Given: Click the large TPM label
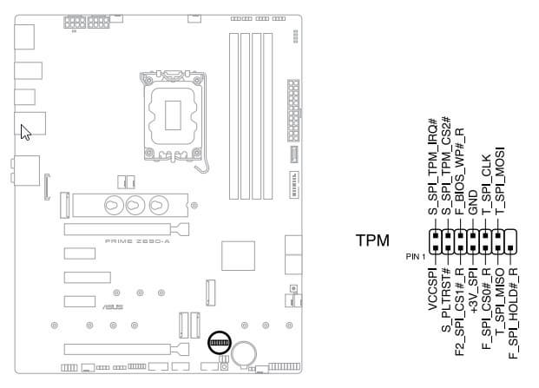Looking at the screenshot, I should click(x=372, y=240).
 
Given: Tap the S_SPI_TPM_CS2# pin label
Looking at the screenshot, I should click(x=446, y=165).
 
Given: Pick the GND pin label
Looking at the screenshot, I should click(x=472, y=202).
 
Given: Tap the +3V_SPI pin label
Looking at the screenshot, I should click(x=472, y=295).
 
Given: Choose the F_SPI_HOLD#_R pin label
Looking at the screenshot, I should click(x=512, y=314).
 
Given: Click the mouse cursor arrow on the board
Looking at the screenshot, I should click(x=25, y=131).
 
